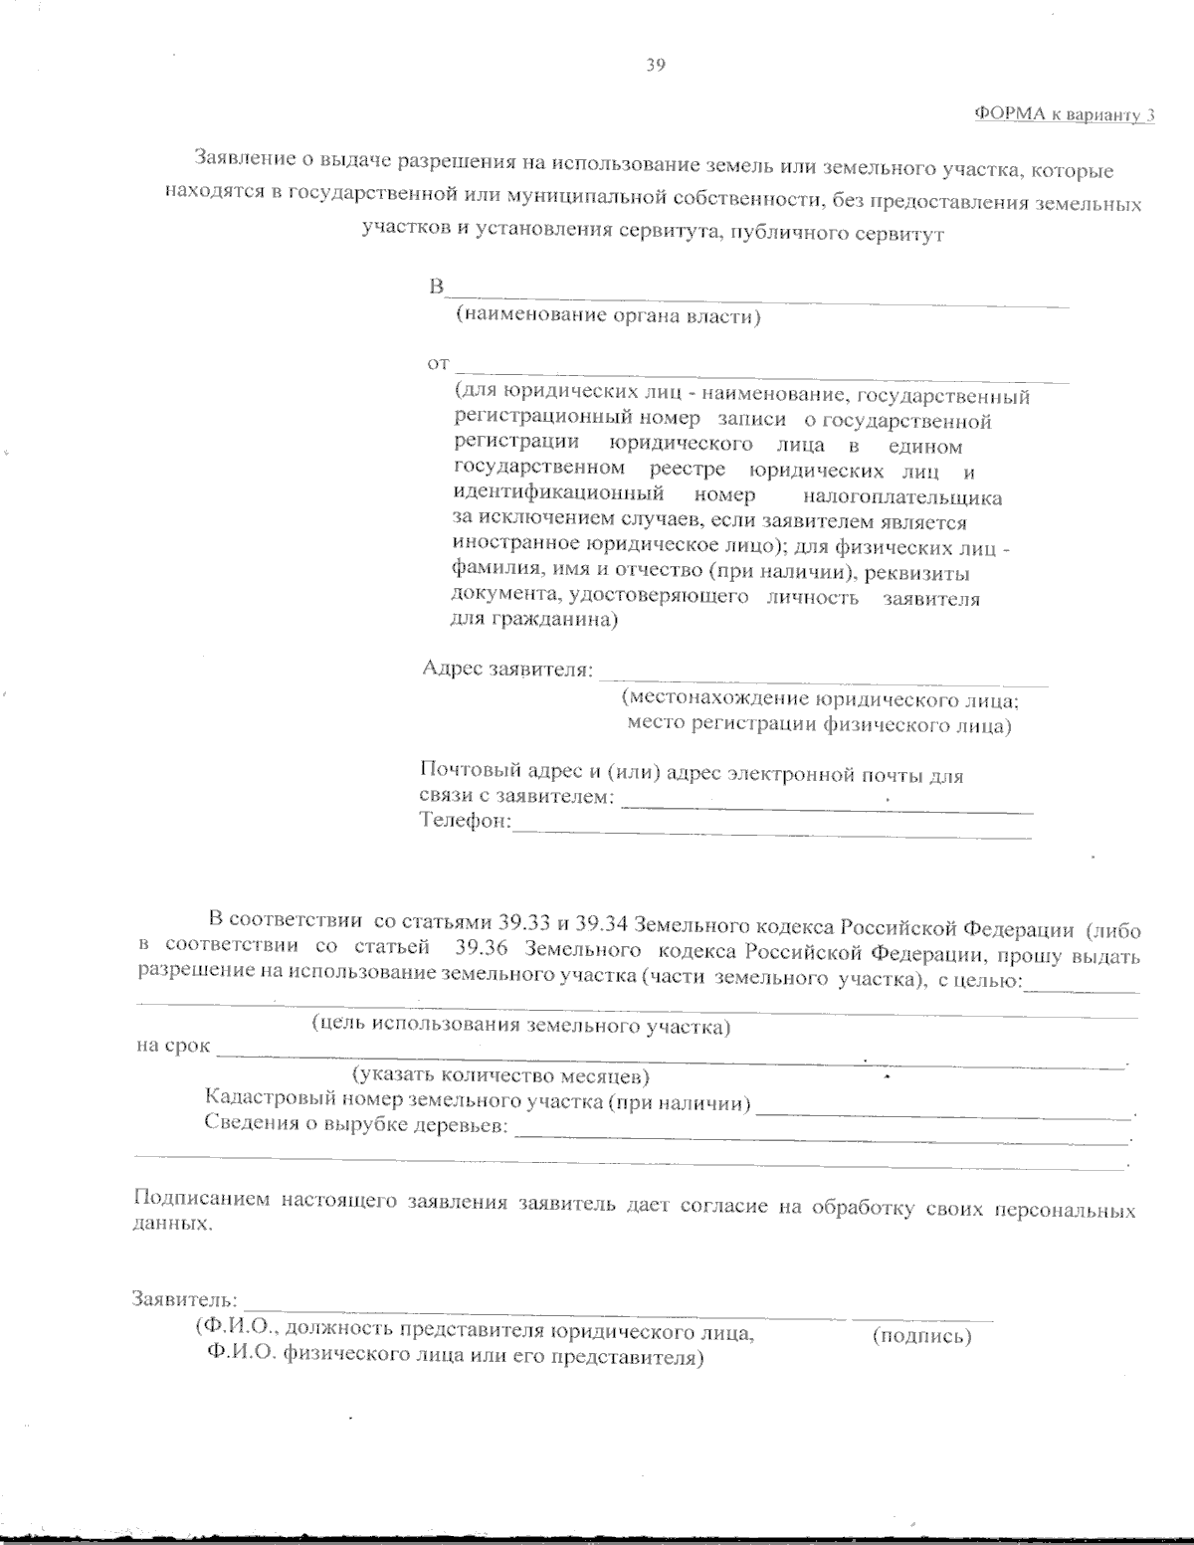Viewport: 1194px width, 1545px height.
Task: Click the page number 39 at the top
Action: (x=655, y=66)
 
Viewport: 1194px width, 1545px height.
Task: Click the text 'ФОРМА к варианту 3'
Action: (x=1064, y=114)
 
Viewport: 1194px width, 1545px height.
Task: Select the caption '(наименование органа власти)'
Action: (x=607, y=317)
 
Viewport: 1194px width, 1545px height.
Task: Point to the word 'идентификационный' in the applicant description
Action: (x=558, y=494)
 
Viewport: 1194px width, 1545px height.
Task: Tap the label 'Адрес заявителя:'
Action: (x=507, y=670)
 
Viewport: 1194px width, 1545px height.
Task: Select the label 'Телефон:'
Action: (x=465, y=822)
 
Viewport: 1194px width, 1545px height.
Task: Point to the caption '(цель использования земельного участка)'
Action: (x=520, y=1026)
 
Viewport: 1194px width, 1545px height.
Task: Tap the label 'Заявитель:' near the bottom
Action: (x=185, y=1300)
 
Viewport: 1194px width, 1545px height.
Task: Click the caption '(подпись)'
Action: (x=921, y=1336)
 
